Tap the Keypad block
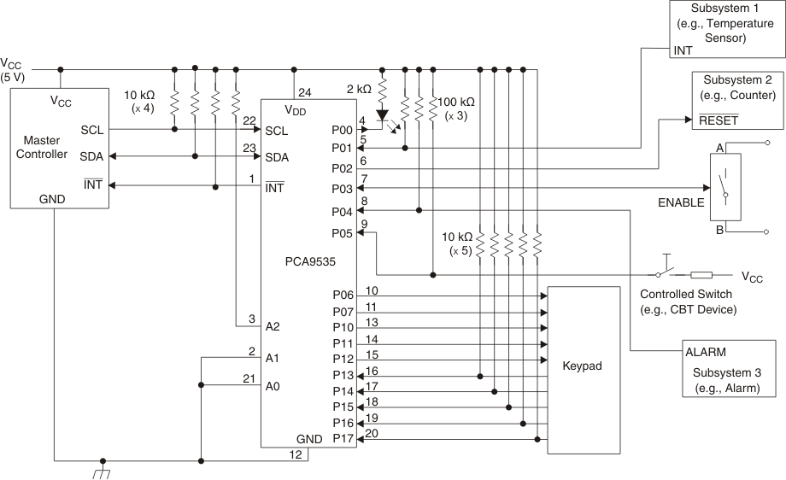point(583,366)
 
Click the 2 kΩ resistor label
point(359,88)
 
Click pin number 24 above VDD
point(304,93)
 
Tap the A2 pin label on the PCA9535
point(273,326)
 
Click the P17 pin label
point(342,439)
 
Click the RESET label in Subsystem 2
point(718,120)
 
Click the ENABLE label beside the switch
point(681,202)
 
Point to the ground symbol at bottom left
point(103,470)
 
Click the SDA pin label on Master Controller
point(92,157)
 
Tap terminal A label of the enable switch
point(719,148)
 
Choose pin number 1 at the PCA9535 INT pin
point(252,178)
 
